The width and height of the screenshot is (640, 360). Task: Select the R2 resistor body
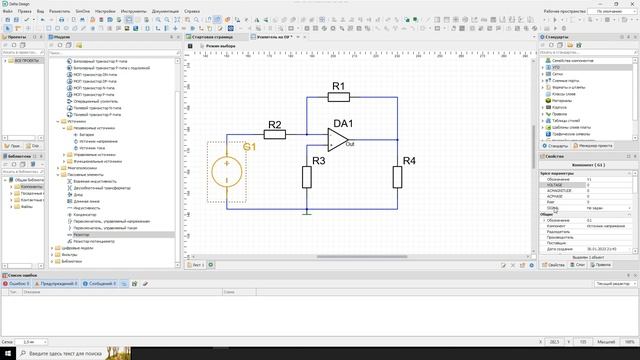tap(272, 134)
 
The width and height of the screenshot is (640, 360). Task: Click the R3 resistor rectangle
tap(307, 177)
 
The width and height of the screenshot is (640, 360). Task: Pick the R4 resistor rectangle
tap(397, 177)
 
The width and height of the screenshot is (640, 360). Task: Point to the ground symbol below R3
tap(307, 211)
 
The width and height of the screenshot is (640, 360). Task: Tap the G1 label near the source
tap(249, 148)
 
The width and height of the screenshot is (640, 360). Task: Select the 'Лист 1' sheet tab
tap(200, 265)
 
